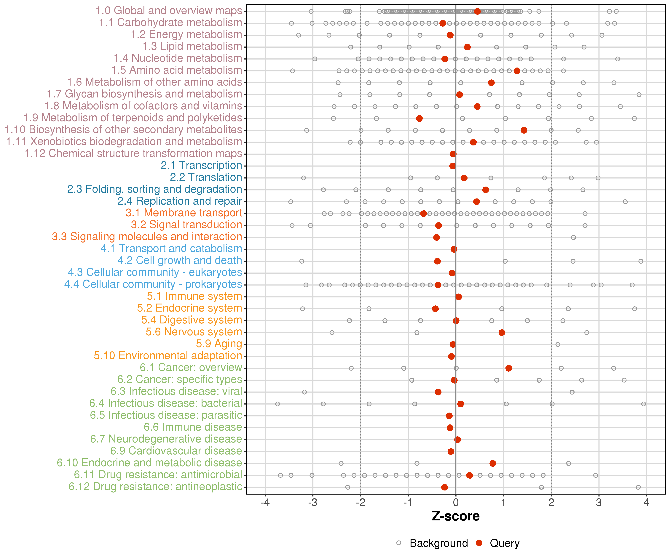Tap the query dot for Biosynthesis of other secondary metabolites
point(524,130)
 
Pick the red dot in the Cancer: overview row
point(509,368)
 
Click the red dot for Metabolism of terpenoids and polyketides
point(419,118)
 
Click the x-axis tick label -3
point(313,503)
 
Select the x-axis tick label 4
point(646,503)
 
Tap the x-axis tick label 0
point(456,503)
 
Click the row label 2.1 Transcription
point(201,165)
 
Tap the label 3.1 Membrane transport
point(184,213)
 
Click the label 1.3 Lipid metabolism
point(192,46)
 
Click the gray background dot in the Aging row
point(558,344)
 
